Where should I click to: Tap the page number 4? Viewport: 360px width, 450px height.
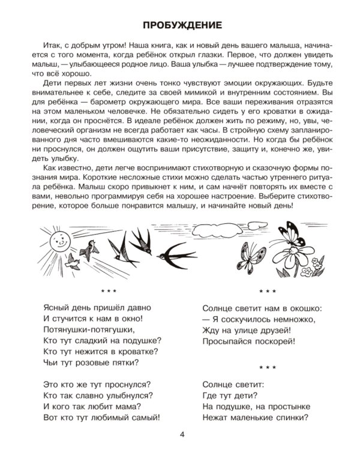pos(180,434)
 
